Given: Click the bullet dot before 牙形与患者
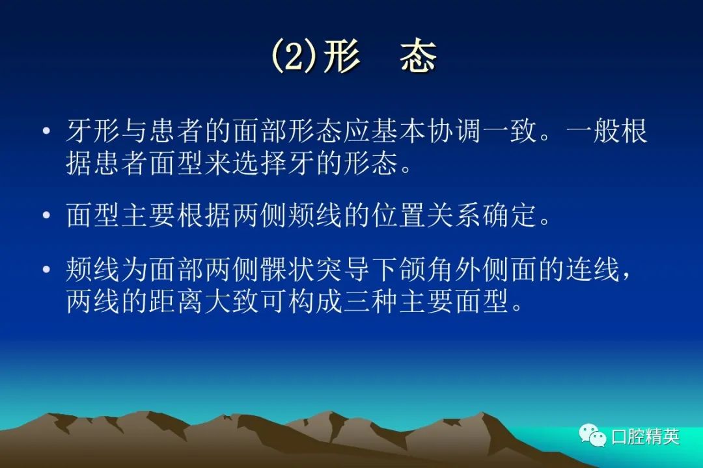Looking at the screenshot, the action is click(x=46, y=131).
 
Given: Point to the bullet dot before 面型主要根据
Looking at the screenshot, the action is click(x=46, y=215).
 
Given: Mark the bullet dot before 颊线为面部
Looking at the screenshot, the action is click(x=46, y=270).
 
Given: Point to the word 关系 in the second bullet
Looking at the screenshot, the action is click(x=454, y=215).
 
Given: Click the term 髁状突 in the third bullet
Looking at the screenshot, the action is click(x=301, y=269).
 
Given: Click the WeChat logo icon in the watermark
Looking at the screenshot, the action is click(x=593, y=434).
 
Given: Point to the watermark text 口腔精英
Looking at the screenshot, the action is click(x=646, y=436).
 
